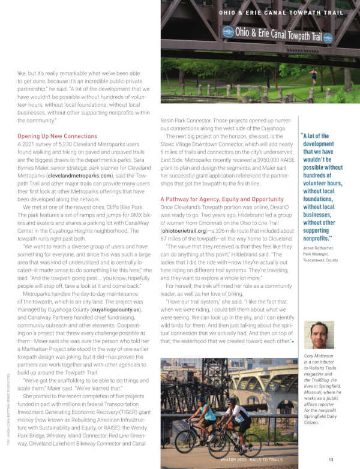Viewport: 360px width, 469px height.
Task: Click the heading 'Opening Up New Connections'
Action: (57, 136)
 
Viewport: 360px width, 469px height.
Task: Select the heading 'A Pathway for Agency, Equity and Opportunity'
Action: (222, 199)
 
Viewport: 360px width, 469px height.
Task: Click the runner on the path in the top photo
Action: (313, 76)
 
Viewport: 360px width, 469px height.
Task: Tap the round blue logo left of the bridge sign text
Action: (228, 32)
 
